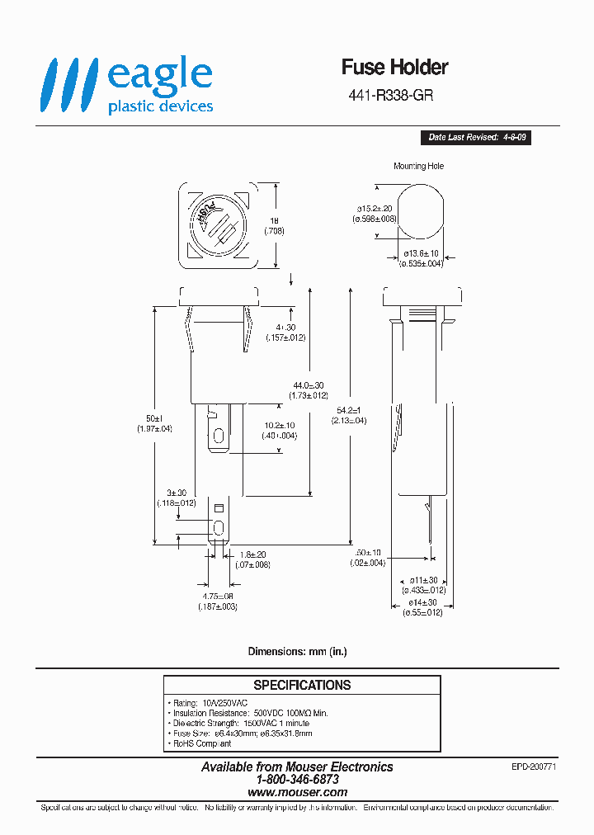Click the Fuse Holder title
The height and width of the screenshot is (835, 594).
click(x=394, y=67)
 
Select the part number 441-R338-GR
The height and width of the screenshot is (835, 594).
click(x=391, y=95)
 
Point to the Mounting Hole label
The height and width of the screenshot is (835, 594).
click(x=418, y=166)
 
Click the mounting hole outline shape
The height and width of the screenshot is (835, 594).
click(x=421, y=210)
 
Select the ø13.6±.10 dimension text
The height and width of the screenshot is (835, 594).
click(x=422, y=254)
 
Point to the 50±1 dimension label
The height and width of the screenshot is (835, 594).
click(x=154, y=418)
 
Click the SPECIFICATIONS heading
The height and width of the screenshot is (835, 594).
click(x=302, y=685)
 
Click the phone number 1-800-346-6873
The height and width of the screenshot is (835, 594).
click(x=297, y=779)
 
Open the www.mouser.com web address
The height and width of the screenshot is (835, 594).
click(x=297, y=791)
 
